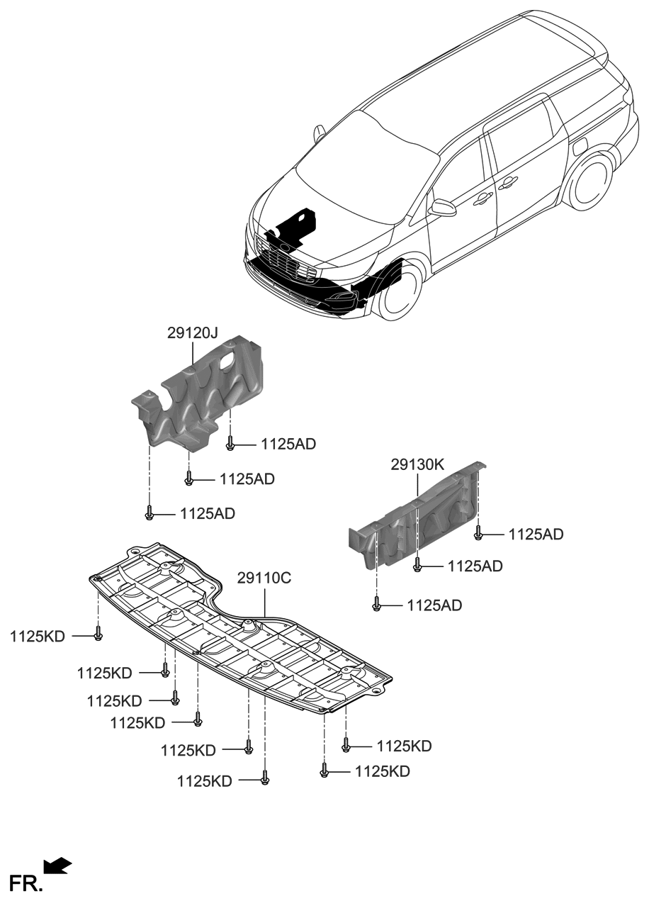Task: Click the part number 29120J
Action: point(193,332)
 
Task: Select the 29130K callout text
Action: point(417,465)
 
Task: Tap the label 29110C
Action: point(264,578)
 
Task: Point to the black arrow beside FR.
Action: point(58,865)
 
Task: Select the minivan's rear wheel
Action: point(592,182)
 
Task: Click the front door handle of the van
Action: point(484,198)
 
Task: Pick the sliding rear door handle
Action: point(507,184)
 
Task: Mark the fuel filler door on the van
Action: point(580,145)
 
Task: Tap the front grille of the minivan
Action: point(283,261)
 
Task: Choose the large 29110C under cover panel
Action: point(241,631)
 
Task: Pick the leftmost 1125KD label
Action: point(37,637)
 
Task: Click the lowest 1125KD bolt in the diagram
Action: point(264,778)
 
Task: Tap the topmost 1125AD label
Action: point(288,444)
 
